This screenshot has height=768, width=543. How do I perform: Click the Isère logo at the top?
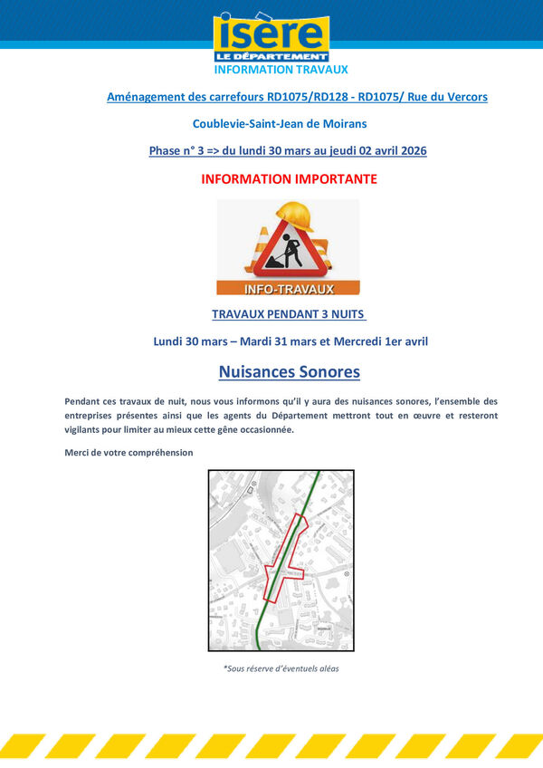[271, 37]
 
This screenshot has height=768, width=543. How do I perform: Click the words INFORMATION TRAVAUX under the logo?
[281, 69]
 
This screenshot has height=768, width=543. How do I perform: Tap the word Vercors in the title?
[464, 96]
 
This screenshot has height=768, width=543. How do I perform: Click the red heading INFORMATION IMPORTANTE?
[289, 179]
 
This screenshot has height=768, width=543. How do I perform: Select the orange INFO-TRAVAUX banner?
[288, 289]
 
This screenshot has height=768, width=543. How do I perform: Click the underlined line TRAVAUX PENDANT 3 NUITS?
[289, 314]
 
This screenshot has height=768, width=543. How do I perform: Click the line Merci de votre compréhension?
[129, 452]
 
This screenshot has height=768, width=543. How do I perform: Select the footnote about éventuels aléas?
[281, 668]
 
